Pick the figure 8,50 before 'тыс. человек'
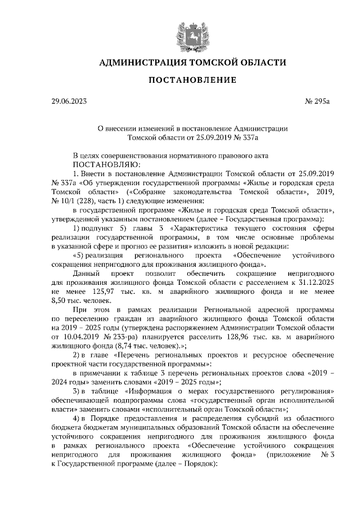[x=58, y=301]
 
